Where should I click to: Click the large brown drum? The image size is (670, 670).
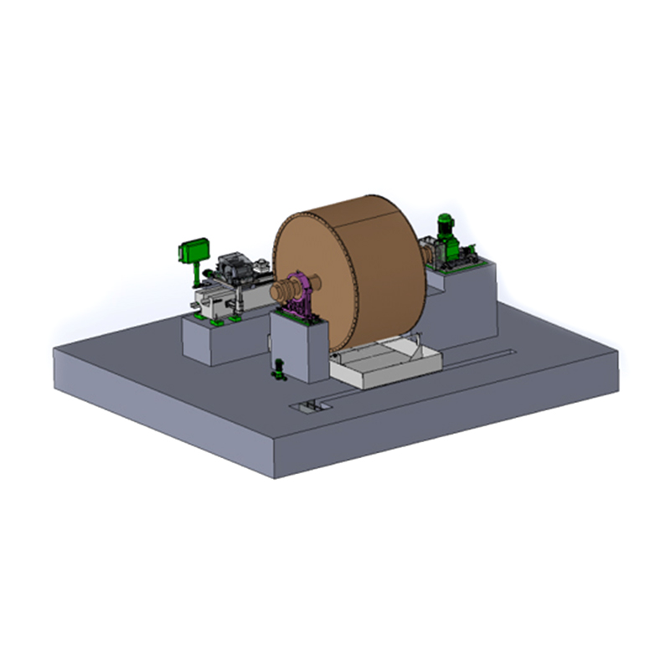360,268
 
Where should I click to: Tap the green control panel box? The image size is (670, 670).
194,250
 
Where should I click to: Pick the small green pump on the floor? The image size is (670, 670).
280,368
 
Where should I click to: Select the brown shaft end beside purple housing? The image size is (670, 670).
281,291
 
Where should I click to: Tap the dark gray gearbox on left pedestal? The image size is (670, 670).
234,269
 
